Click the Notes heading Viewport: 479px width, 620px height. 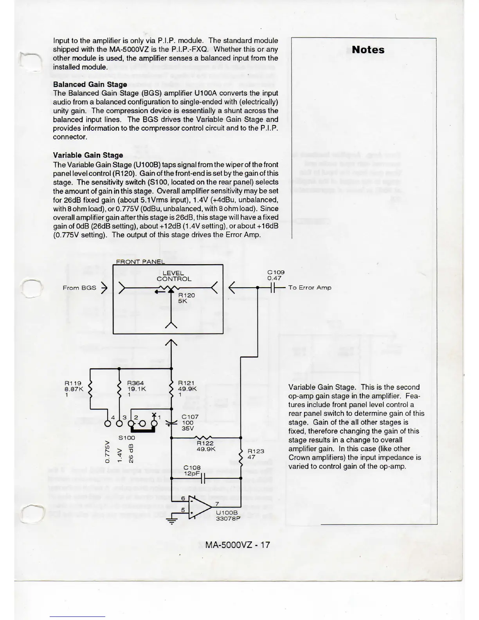(368, 50)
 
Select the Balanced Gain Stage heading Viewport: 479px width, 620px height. (90, 84)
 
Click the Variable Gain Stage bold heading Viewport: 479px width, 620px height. (88, 155)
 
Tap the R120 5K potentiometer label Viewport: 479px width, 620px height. (186, 298)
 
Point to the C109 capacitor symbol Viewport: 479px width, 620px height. (274, 288)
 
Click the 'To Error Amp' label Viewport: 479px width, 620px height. (310, 288)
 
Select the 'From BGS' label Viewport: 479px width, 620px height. (79, 288)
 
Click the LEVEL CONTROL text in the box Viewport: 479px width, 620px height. (174, 276)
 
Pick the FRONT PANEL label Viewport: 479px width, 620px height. (140, 262)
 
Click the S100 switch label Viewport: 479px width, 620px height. (126, 438)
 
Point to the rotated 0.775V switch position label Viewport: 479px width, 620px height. (107, 453)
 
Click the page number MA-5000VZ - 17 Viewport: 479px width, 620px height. (238, 544)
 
